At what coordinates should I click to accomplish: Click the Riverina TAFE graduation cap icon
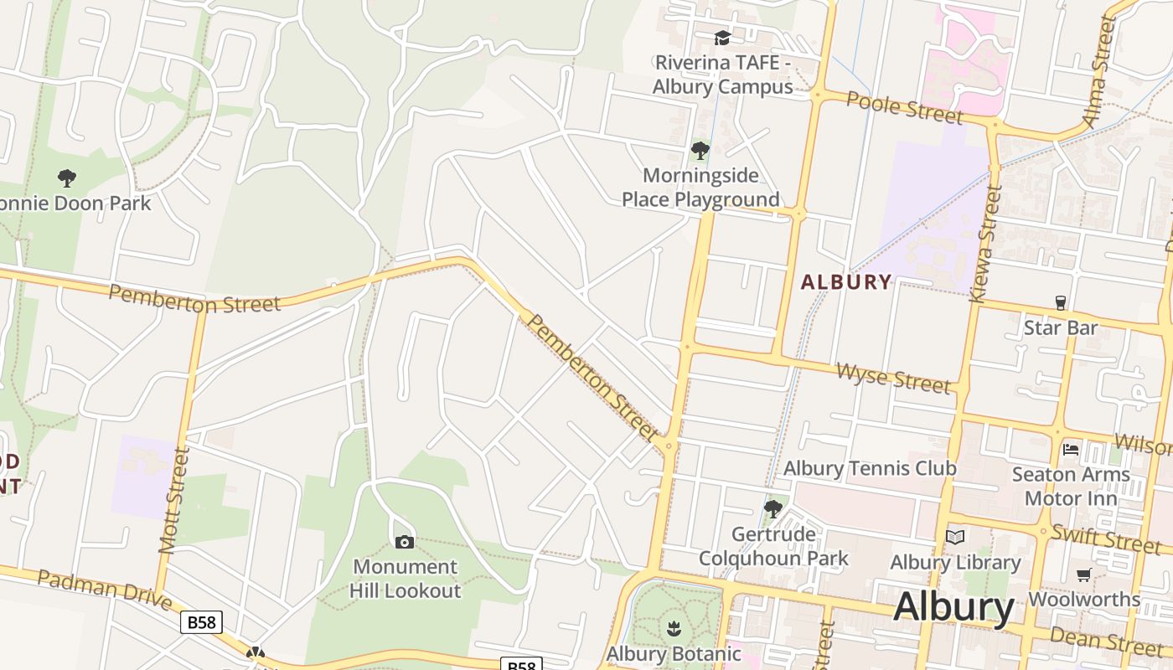721,38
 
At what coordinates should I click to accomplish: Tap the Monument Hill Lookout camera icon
404,542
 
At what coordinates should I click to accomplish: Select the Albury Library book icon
955,538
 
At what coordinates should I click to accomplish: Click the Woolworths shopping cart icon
1083,575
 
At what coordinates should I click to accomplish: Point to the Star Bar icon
1060,302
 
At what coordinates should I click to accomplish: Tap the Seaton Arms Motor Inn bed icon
1071,450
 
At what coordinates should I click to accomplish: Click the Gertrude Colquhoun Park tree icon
773,508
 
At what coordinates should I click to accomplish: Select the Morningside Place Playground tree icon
700,151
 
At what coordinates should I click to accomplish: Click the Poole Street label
904,107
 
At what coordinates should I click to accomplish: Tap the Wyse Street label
893,378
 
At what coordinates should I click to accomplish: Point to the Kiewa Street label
986,244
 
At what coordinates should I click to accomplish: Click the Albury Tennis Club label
869,468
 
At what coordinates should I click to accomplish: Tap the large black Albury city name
953,607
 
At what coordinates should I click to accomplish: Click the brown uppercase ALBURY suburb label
845,282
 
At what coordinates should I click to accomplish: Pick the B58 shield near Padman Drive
201,622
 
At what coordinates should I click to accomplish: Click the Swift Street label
1105,537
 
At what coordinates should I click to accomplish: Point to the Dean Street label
1105,641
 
